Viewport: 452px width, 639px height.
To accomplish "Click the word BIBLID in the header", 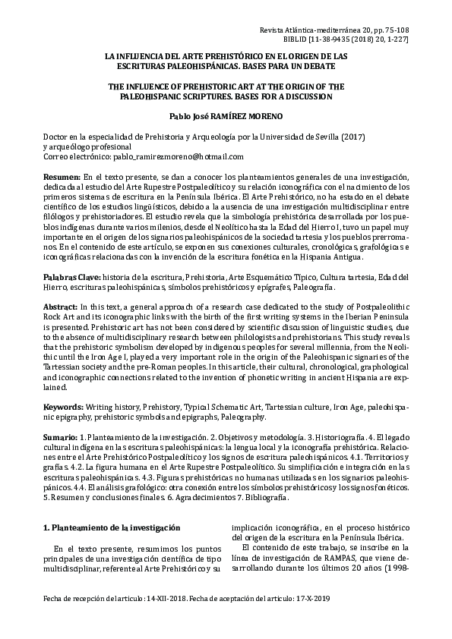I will point(294,36).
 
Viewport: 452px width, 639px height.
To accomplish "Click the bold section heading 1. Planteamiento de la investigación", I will point(112,527).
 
